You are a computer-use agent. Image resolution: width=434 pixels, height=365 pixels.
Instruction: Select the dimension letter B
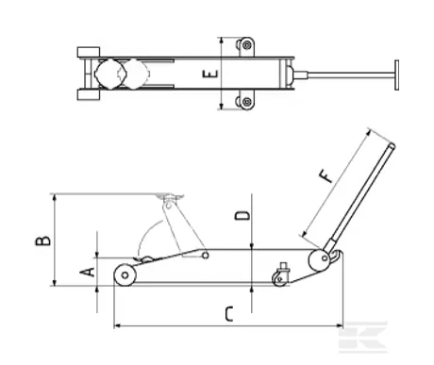pos(42,241)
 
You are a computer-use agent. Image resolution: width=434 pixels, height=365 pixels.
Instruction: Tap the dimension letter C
pos(228,313)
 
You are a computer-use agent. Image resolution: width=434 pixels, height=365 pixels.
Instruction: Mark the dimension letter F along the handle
pos(325,175)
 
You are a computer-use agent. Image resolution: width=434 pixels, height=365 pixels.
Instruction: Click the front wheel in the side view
pos(124,275)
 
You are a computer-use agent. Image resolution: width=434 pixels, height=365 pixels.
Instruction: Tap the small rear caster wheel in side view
pos(279,277)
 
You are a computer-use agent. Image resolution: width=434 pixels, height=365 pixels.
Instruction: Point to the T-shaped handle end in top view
pos(396,74)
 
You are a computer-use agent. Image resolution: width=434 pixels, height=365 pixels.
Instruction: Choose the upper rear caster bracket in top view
pos(247,44)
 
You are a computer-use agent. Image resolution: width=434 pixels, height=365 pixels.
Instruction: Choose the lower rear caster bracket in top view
pos(247,102)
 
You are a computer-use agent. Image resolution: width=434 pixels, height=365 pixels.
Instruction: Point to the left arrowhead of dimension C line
pos(115,326)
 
